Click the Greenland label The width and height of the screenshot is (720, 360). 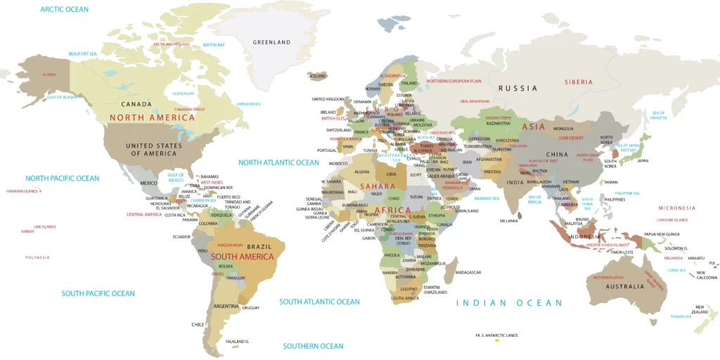tap(271, 42)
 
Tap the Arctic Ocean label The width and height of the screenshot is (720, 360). tap(65, 9)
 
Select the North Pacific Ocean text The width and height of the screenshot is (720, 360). tap(63, 179)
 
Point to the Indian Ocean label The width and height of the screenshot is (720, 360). tap(509, 303)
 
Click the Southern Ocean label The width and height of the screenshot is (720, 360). tap(313, 346)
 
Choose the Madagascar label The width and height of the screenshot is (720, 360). tap(468, 272)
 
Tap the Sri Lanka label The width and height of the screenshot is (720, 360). tap(509, 221)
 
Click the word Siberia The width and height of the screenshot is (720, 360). tap(579, 82)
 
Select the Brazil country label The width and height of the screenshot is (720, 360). tap(259, 246)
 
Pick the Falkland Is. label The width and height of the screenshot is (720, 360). tap(238, 341)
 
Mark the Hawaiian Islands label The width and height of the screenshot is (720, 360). tap(21, 191)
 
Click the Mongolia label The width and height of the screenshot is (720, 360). tap(564, 129)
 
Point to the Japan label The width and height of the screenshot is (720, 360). tap(643, 160)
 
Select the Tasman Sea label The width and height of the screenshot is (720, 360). tap(681, 316)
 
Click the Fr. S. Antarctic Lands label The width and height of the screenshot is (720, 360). tap(496, 335)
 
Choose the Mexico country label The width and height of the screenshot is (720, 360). tap(149, 183)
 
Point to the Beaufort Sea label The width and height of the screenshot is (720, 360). tap(82, 53)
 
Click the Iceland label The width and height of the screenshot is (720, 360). tap(318, 75)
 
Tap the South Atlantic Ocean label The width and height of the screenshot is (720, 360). tap(319, 302)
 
